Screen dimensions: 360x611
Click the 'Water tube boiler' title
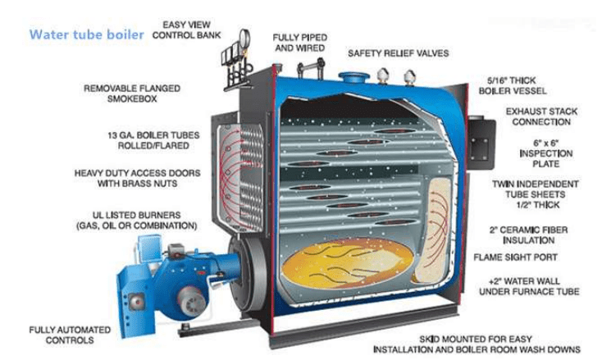click(86, 35)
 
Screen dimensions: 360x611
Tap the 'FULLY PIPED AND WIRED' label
click(300, 43)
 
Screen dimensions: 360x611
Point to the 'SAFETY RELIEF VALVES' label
click(398, 53)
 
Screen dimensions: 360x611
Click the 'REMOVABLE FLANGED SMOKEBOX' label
click(132, 94)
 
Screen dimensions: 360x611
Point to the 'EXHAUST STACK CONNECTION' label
click(541, 116)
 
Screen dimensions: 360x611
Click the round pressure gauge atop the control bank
click(244, 38)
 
